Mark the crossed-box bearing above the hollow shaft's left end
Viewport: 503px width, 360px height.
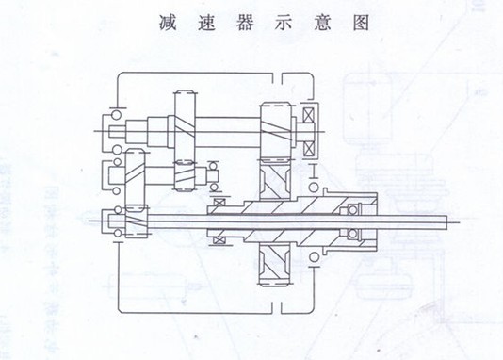pos(219,204)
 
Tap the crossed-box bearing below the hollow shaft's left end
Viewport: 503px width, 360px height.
pos(219,239)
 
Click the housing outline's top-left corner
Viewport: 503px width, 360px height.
pos(118,73)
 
